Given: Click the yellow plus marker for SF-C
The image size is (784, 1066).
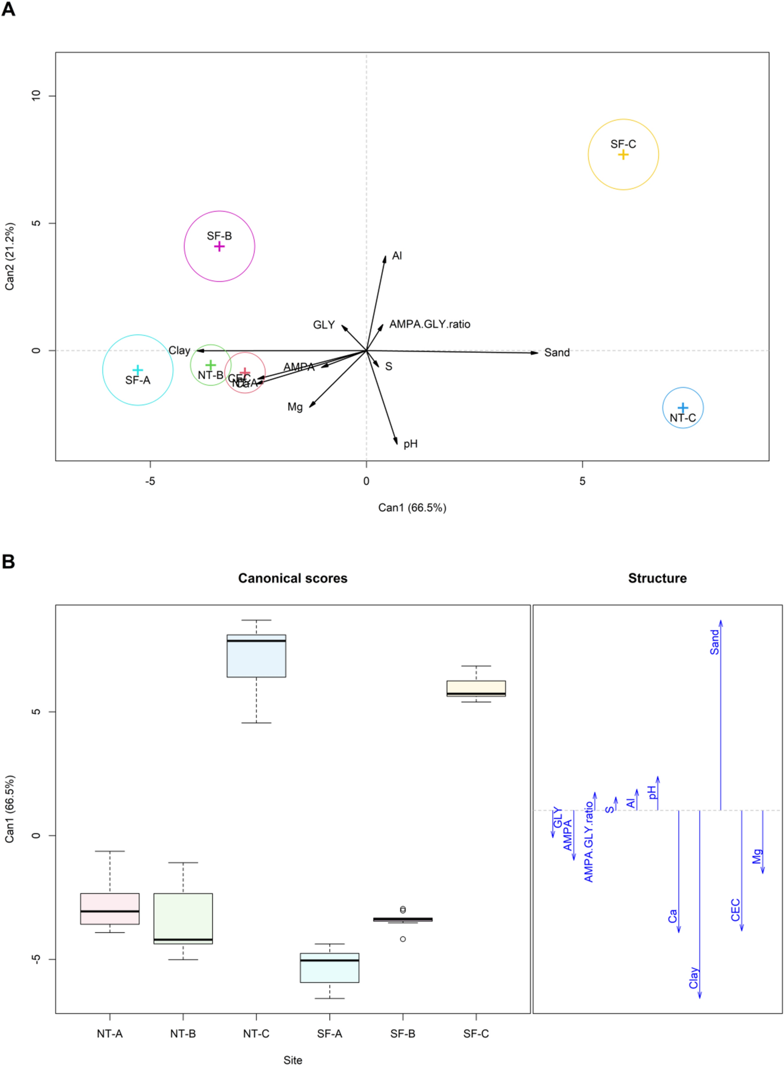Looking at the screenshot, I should (623, 155).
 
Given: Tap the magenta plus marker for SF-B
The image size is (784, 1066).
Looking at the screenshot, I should (219, 246).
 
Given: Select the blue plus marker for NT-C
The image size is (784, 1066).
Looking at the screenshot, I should (682, 407).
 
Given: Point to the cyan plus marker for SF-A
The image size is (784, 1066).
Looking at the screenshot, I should (138, 370).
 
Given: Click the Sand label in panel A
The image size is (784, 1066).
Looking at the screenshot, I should (557, 353).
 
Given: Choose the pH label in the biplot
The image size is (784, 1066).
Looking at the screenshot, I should (410, 444).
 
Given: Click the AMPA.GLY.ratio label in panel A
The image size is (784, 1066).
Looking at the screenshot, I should (430, 324).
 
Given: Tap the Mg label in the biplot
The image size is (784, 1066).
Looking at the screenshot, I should (294, 407).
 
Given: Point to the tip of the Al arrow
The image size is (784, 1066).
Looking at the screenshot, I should (386, 256).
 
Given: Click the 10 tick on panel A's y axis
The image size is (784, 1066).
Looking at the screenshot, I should (36, 96).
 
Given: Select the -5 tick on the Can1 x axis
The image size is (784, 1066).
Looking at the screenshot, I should (150, 481).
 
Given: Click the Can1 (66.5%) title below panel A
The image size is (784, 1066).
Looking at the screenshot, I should (412, 508).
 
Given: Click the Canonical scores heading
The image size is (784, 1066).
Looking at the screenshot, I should (292, 578).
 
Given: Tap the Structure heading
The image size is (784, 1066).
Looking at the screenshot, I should (657, 578).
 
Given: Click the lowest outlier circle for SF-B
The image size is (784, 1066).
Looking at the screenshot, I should (403, 939).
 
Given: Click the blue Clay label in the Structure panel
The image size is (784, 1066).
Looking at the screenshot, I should (694, 978).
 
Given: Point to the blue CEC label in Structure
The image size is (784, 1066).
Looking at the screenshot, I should (736, 910).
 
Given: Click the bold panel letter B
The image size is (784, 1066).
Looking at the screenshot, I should (8, 562).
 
